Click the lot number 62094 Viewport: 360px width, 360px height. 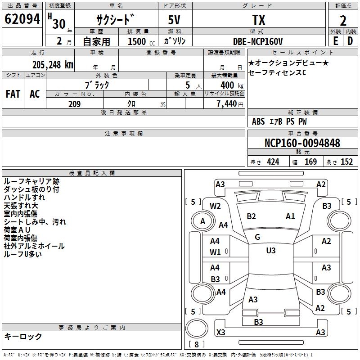(23, 19)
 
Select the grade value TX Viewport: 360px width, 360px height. (258, 20)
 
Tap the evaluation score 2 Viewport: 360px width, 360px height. (343, 20)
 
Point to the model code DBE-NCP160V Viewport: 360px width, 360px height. (258, 41)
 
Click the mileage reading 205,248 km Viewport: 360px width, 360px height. (53, 64)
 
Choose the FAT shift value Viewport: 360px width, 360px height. (13, 94)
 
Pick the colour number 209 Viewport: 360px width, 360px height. (74, 104)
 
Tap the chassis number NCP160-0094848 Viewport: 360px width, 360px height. (302, 143)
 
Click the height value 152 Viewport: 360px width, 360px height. (346, 162)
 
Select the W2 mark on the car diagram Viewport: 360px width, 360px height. (215, 206)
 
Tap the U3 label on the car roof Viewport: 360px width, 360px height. (270, 250)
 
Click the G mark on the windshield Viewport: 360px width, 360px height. (257, 237)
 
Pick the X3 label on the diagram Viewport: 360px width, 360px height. (221, 333)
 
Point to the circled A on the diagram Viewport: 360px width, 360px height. (202, 221)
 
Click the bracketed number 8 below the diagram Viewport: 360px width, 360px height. (196, 345)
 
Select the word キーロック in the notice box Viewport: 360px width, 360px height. (23, 336)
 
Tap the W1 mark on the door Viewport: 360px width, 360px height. (215, 252)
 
